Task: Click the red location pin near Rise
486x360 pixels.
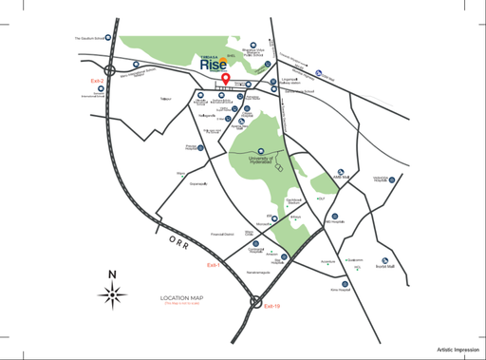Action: (x=225, y=80)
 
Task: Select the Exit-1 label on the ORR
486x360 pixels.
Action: (x=213, y=265)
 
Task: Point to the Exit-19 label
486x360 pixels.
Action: (x=272, y=306)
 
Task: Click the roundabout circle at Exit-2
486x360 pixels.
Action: (x=113, y=68)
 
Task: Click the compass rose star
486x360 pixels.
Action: (x=113, y=296)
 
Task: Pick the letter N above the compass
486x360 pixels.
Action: (x=113, y=276)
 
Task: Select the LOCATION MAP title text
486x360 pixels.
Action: (x=182, y=298)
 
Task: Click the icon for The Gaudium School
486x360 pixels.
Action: (x=109, y=39)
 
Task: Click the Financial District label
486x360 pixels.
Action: (x=221, y=234)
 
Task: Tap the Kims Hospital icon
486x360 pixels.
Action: (x=345, y=283)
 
